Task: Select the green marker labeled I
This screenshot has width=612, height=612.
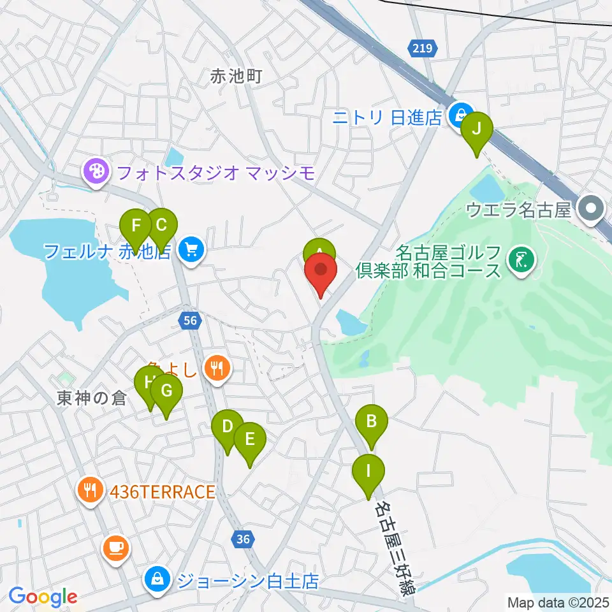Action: click(x=369, y=474)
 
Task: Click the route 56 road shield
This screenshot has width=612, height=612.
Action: click(x=191, y=321)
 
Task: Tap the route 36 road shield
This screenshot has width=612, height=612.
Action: click(x=242, y=539)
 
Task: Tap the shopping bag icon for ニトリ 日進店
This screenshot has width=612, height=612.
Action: click(x=458, y=115)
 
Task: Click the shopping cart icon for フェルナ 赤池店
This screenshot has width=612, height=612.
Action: click(x=191, y=250)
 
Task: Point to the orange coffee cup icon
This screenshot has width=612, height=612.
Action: click(x=115, y=548)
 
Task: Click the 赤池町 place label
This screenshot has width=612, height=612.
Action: click(x=237, y=78)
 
